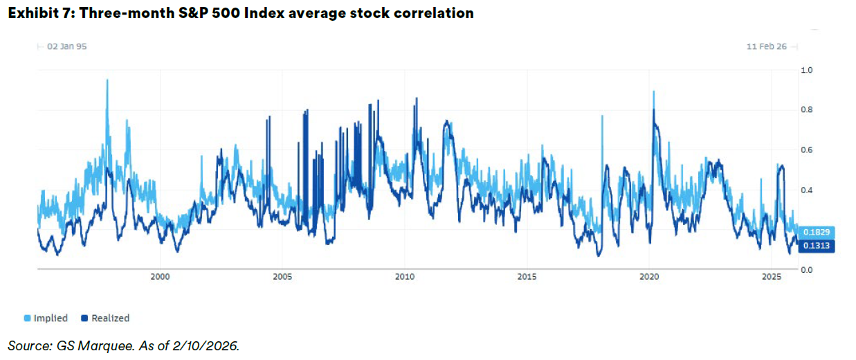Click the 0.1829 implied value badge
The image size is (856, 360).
(x=817, y=232)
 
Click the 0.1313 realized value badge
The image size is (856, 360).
(x=817, y=246)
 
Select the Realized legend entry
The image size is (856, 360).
(x=105, y=318)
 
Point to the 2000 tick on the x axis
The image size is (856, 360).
(x=160, y=277)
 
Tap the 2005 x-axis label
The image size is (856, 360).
(x=282, y=277)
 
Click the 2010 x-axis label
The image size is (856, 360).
(x=405, y=277)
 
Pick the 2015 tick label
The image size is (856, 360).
(x=527, y=277)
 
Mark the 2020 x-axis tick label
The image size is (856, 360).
(x=649, y=277)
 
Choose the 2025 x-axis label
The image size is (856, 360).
(x=772, y=277)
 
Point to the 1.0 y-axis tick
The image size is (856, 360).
(x=806, y=70)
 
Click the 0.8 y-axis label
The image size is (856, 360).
(x=806, y=110)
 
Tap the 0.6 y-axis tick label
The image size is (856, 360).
(x=806, y=150)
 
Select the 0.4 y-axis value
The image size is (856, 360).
(x=806, y=190)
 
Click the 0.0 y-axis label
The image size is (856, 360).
(x=806, y=270)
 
